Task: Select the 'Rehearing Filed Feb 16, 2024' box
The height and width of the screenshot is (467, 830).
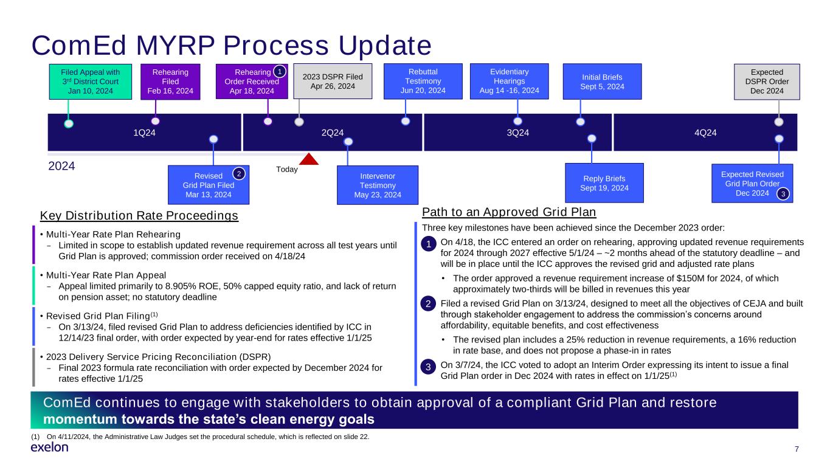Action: pos(170,81)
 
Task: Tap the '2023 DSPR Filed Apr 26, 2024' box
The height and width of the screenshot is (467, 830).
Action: pos(332,81)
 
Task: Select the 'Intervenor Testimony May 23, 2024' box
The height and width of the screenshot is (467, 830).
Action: pos(378,185)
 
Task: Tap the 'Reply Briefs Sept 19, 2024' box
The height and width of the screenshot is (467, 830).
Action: pos(604,183)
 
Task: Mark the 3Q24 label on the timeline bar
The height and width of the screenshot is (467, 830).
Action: pos(519,133)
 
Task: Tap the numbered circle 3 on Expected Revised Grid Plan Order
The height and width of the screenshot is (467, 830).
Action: pos(784,194)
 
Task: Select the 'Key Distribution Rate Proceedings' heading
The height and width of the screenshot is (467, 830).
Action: pos(139,215)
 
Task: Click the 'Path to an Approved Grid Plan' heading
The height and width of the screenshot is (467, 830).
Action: pos(509,212)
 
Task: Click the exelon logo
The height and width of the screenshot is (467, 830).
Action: pos(49,448)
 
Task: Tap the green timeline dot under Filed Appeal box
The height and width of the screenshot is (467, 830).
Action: pos(69,123)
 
